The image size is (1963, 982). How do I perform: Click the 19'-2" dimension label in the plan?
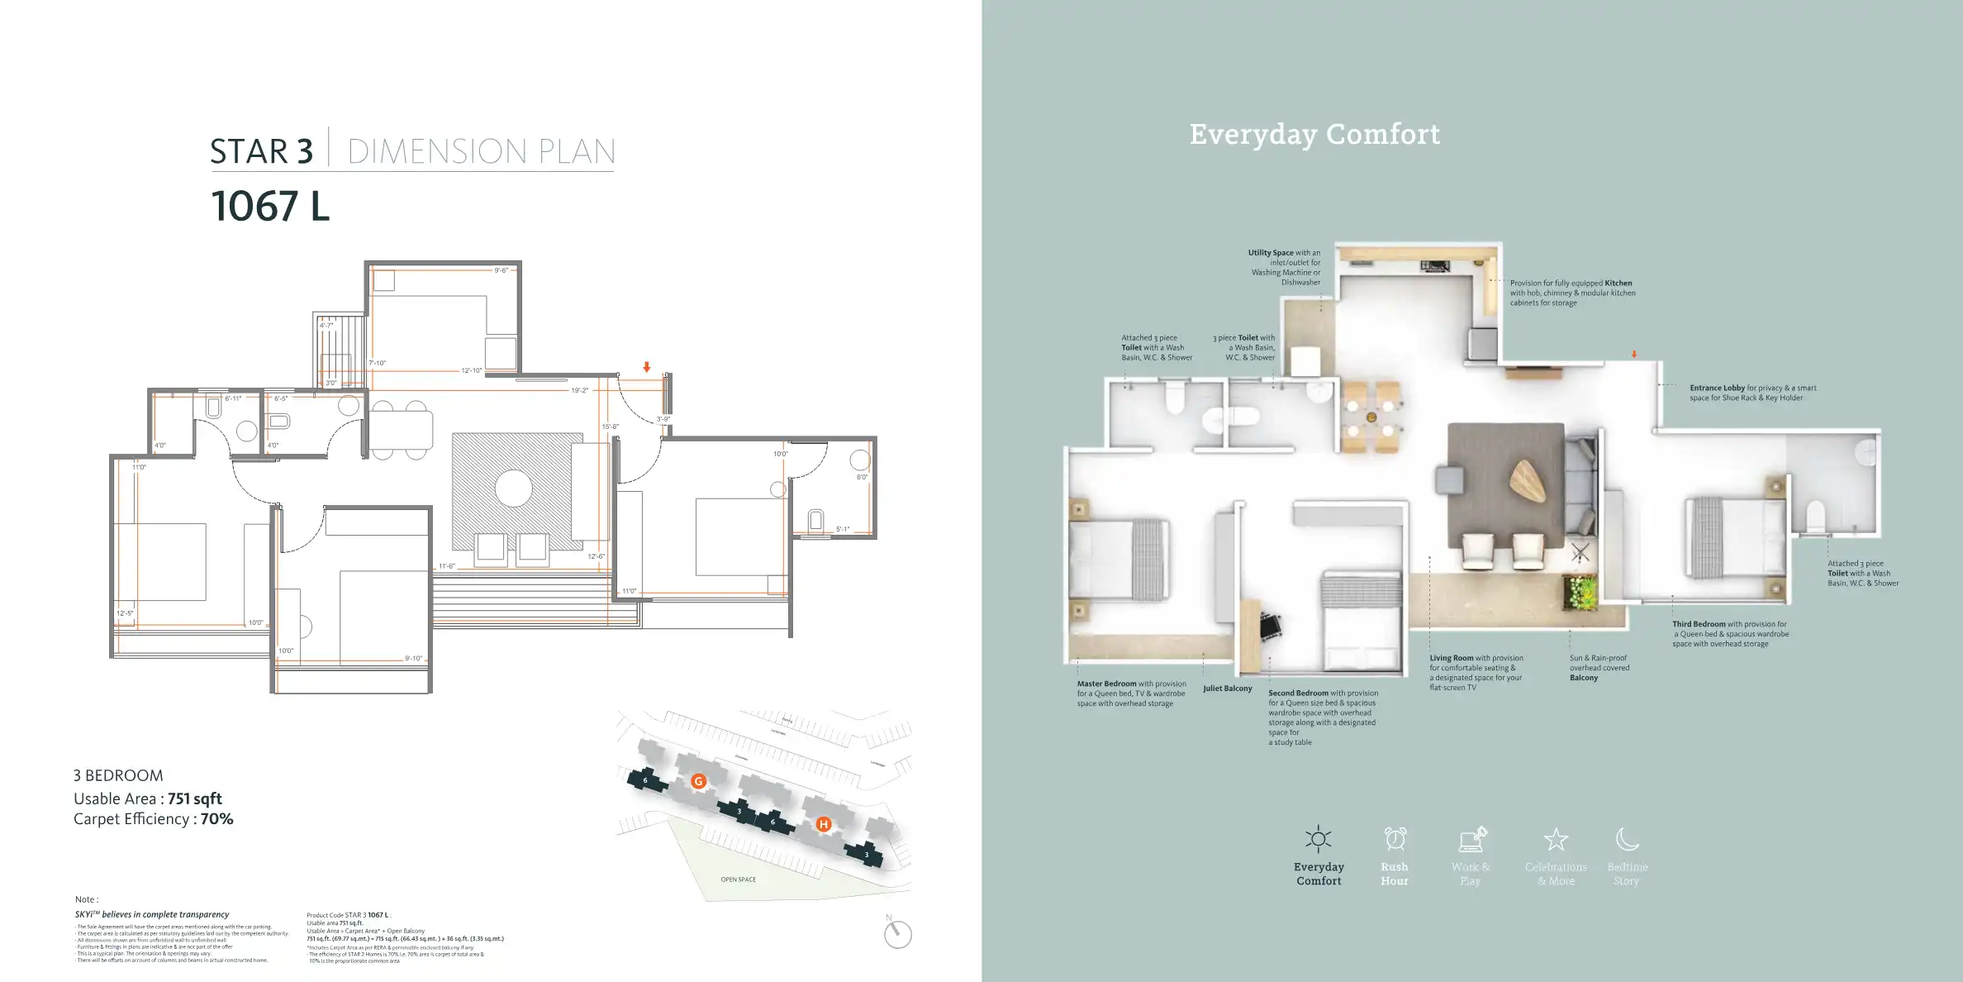579,390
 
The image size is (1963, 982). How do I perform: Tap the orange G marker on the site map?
698,781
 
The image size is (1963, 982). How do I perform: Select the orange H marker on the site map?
823,824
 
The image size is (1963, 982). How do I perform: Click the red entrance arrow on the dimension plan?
647,367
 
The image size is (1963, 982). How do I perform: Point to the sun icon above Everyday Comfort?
1318,840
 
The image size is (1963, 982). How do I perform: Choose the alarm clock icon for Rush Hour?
1395,839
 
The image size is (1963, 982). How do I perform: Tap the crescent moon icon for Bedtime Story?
1627,839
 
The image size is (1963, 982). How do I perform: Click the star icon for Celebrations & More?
1556,840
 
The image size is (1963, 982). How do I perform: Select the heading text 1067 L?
270,206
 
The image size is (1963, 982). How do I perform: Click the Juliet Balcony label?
1227,689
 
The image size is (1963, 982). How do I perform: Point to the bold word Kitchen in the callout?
1618,283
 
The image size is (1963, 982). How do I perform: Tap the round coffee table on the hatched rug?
513,489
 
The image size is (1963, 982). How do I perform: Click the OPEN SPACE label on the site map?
738,880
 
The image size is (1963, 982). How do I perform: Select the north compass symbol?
897,934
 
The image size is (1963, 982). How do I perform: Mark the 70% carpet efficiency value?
216,819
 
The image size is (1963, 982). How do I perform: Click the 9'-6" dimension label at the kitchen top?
501,270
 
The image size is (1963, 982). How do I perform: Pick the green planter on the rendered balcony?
1580,593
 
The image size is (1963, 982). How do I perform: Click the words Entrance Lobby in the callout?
1717,388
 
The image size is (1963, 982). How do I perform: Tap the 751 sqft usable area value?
194,798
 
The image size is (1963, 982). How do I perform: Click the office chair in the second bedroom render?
1270,626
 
